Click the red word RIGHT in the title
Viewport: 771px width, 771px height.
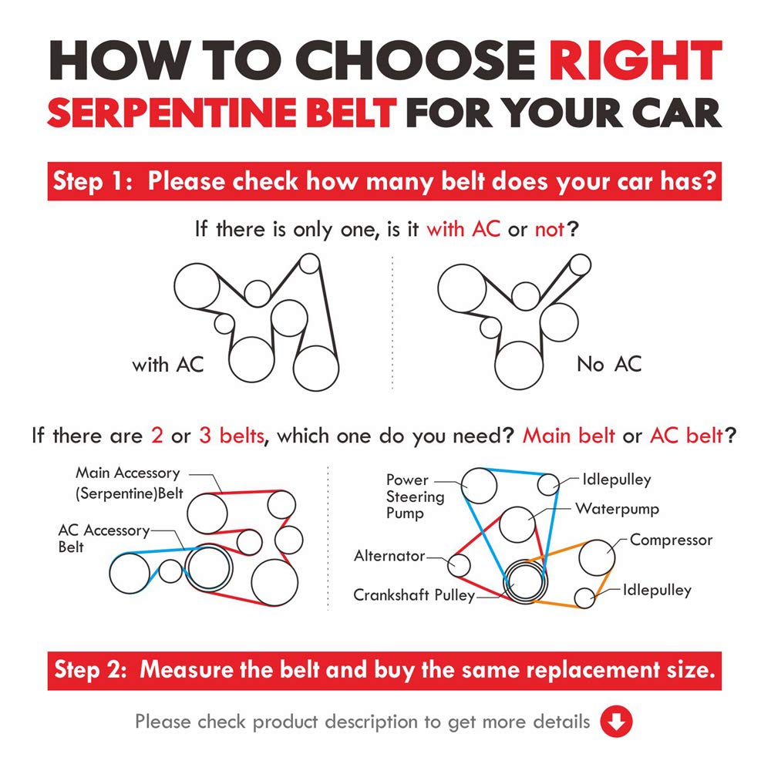[x=635, y=60]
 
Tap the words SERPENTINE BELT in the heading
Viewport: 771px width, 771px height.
[x=222, y=113]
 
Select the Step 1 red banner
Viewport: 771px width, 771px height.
[x=385, y=181]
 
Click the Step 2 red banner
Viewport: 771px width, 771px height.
[x=385, y=671]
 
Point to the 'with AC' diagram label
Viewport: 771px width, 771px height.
[x=167, y=365]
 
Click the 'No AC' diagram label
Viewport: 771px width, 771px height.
[x=609, y=365]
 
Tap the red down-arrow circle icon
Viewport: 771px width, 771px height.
[x=616, y=722]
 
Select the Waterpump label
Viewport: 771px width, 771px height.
[x=617, y=509]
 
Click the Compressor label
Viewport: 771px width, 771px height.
[x=671, y=540]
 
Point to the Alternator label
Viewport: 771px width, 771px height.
[x=389, y=556]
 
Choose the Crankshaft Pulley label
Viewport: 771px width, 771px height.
[x=414, y=595]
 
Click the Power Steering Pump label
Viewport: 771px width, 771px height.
[x=415, y=497]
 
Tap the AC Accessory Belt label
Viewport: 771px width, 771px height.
[x=104, y=538]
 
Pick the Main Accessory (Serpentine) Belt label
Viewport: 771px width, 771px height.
[x=129, y=483]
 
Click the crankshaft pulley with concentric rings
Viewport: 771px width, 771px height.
[x=525, y=581]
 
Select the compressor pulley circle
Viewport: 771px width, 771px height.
[x=598, y=557]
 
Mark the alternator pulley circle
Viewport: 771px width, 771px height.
[x=459, y=565]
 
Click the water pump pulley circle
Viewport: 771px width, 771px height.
[x=517, y=524]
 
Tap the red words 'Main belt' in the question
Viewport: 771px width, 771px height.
[x=568, y=436]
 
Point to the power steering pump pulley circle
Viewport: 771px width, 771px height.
[x=479, y=486]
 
